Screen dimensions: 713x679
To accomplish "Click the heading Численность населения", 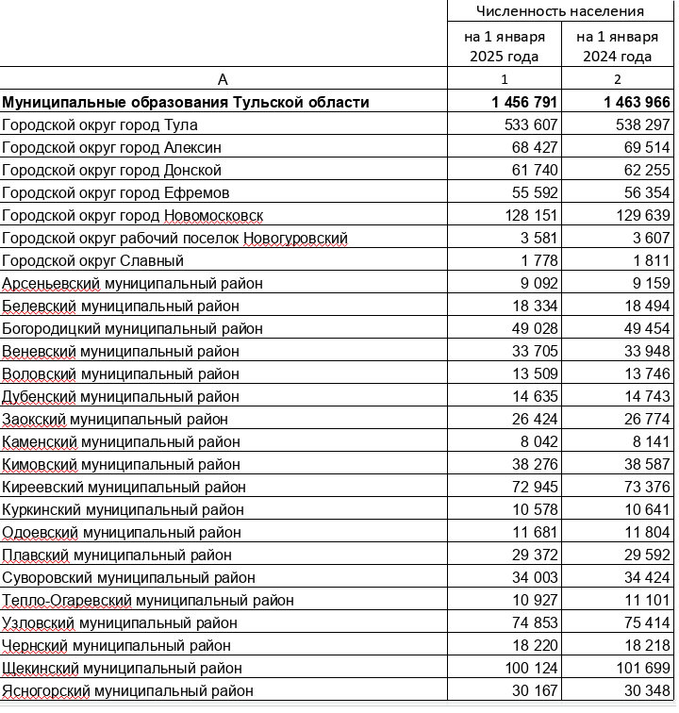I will (559, 11).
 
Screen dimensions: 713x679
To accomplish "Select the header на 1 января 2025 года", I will (504, 46).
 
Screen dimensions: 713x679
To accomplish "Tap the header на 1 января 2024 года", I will (617, 46).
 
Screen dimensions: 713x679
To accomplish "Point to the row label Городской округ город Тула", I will (101, 124).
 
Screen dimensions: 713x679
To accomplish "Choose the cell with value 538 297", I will (638, 124).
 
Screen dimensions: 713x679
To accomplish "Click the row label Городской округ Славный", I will (93, 260).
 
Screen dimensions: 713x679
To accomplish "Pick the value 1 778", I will (539, 260).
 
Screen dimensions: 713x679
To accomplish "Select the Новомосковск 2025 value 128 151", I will (531, 215).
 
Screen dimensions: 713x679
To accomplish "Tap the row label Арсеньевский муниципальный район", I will (132, 283).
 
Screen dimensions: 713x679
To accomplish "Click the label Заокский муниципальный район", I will (121, 419).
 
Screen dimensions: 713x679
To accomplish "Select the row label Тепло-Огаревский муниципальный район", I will (148, 600).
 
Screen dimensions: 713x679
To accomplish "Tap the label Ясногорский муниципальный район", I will (128, 691).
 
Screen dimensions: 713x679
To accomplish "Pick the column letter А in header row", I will (223, 79).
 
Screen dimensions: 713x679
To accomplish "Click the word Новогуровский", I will (295, 238).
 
